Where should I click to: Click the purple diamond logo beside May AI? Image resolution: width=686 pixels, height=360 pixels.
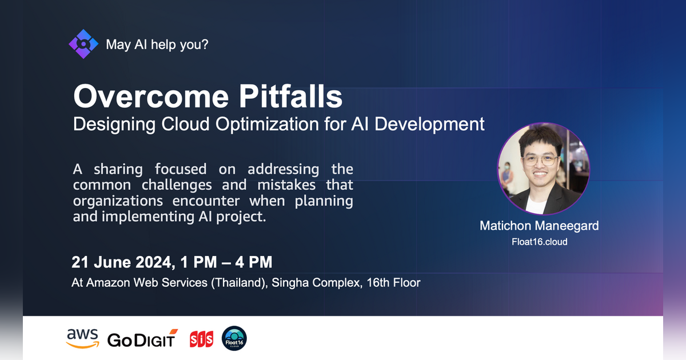[x=83, y=44]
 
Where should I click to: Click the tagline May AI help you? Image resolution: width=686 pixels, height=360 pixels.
[x=157, y=44]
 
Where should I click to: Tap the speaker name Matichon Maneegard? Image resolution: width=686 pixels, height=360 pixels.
[x=539, y=226]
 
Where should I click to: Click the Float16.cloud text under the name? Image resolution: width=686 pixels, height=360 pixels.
[x=539, y=241]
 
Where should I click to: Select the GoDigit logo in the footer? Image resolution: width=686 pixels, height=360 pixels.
[x=142, y=339]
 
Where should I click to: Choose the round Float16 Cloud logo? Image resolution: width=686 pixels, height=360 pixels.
[x=234, y=338]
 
